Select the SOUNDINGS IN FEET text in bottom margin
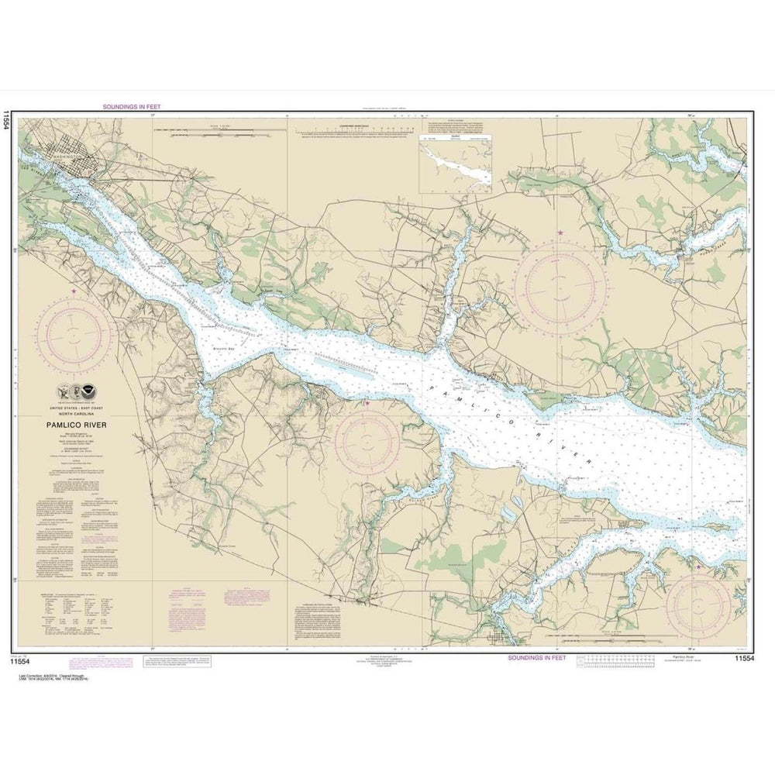coord(536,657)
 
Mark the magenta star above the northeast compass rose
coord(560,232)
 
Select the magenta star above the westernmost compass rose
coord(74,291)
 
